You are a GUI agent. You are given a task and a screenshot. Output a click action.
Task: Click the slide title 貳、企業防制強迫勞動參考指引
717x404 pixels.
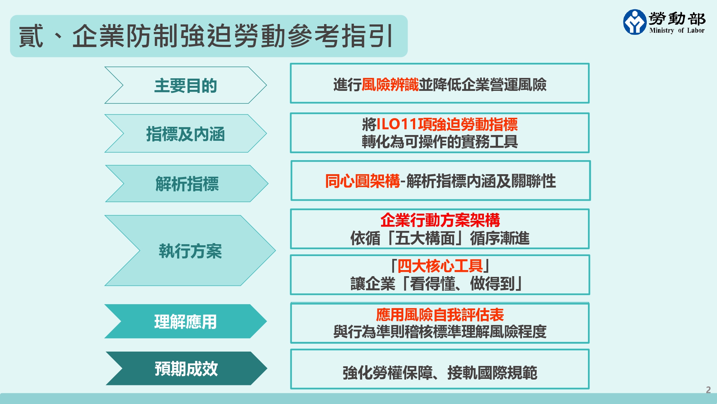point(206,36)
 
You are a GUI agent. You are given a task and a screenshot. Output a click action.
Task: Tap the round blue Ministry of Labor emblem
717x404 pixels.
point(635,22)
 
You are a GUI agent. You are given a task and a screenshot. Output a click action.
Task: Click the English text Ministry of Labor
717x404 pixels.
point(677,31)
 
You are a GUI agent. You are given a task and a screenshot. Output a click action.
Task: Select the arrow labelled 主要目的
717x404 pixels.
point(186,85)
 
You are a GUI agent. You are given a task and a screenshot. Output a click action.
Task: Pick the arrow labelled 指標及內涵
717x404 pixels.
point(186,134)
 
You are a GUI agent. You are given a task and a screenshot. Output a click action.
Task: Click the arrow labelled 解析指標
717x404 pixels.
point(187,184)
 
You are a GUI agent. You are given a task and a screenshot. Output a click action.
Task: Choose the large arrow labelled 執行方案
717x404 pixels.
point(190,251)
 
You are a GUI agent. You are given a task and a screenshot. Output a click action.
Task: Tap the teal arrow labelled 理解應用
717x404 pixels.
point(186,321)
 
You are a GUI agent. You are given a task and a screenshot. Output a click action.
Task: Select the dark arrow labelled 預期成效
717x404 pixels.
point(186,368)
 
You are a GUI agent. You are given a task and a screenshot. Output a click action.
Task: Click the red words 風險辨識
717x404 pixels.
point(390,85)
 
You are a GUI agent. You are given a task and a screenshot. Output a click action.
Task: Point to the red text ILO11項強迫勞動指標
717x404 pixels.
point(447,124)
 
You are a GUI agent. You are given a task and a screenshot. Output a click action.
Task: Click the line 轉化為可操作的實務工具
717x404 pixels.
point(440,141)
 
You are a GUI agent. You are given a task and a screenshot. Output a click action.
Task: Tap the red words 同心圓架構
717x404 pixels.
point(362,181)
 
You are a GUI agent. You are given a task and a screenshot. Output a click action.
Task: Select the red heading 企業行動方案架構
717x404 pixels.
point(440,220)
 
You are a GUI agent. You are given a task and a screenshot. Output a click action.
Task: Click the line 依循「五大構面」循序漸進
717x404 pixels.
point(440,238)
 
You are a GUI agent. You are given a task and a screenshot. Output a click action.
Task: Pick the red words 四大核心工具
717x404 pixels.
point(440,266)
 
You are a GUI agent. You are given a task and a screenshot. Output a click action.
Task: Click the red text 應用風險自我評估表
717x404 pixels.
point(440,315)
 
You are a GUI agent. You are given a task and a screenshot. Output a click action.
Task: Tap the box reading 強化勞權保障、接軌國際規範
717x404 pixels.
point(440,369)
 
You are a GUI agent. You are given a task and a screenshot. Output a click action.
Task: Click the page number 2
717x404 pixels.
point(708,390)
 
